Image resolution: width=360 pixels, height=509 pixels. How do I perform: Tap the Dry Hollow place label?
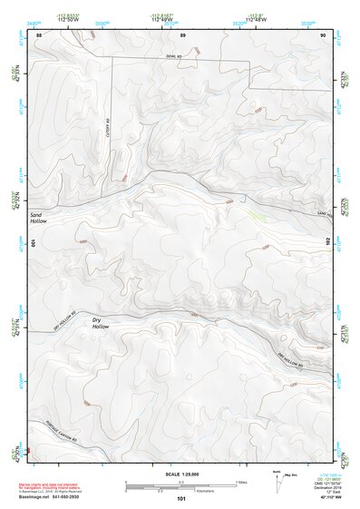[101, 323]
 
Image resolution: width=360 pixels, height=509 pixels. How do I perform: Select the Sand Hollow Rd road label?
[325, 212]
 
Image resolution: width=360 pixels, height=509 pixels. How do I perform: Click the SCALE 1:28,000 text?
[181, 474]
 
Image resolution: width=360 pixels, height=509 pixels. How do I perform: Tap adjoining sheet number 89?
[182, 34]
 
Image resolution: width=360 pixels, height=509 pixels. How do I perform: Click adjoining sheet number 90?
[324, 34]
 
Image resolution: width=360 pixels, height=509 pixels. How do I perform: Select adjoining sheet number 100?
[34, 243]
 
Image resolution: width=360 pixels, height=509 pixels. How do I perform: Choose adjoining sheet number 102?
[329, 242]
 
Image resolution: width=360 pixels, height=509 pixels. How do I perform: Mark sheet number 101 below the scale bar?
[181, 498]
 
